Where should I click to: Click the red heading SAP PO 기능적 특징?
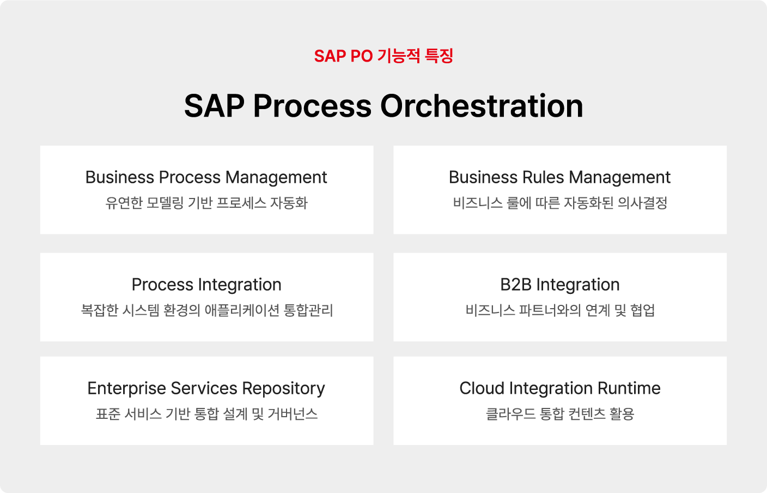384,56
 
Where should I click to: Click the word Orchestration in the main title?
482,106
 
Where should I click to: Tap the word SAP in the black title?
214,106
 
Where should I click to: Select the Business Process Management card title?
206,178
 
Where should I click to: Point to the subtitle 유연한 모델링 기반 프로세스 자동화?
206,203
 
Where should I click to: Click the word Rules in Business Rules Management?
543,177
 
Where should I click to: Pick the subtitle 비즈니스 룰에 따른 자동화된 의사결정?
560,203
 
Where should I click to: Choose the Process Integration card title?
206,285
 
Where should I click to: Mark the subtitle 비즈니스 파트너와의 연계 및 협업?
560,310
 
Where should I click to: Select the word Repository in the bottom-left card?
283,389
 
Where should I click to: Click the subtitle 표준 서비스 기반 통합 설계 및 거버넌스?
206,414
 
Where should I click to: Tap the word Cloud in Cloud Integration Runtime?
482,388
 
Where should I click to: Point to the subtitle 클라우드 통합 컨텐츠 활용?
560,414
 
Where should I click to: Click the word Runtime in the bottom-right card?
629,388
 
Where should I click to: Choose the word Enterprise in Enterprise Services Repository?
127,389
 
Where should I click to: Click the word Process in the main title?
312,106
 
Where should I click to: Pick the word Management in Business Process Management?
276,178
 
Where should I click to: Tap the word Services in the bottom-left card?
204,388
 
